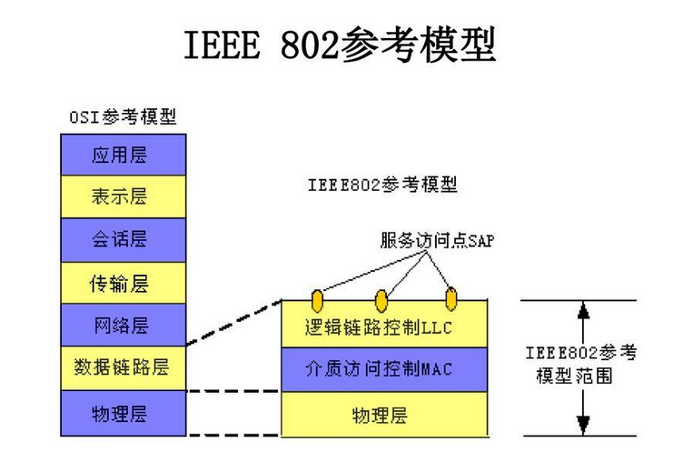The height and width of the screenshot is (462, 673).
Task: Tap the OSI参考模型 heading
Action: coord(123,117)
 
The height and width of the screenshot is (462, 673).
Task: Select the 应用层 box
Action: coord(124,155)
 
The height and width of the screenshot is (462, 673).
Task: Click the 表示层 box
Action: coord(124,196)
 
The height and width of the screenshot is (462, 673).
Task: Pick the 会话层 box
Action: coord(124,239)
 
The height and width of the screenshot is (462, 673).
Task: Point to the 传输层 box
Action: coord(124,284)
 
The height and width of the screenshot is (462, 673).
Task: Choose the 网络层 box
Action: coord(124,326)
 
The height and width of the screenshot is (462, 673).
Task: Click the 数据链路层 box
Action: coord(124,368)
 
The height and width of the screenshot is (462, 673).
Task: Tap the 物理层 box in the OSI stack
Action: coord(124,414)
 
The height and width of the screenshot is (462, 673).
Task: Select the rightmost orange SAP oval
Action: coord(450,298)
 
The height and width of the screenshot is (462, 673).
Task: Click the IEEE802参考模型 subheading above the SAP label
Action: coord(382,186)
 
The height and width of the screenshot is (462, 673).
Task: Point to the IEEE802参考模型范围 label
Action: coord(581,364)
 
